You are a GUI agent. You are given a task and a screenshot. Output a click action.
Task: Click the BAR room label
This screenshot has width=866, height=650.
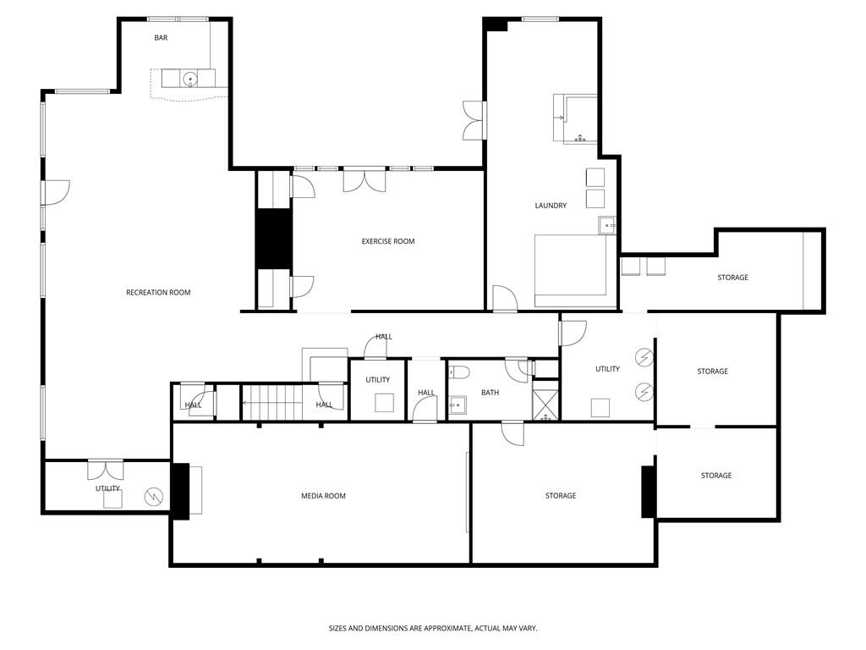click(161, 38)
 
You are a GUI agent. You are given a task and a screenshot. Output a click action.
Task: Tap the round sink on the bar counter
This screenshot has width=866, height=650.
click(191, 80)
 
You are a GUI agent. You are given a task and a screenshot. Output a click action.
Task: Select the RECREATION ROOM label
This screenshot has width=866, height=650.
click(158, 293)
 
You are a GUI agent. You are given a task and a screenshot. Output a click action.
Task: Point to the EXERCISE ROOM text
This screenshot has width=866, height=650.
click(388, 242)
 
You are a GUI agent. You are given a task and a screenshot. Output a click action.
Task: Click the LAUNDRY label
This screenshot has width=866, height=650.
click(551, 207)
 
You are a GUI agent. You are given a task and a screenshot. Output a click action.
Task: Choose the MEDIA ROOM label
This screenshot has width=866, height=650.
click(323, 496)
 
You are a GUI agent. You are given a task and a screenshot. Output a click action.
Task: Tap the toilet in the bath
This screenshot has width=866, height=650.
click(459, 372)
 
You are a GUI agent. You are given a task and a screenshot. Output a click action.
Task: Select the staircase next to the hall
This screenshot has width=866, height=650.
click(271, 402)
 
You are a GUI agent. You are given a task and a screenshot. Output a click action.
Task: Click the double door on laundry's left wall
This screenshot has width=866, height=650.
click(473, 120)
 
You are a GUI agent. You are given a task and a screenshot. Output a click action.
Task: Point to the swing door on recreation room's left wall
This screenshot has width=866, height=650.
click(55, 193)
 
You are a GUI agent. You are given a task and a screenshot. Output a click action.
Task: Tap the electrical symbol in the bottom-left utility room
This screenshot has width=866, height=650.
click(154, 497)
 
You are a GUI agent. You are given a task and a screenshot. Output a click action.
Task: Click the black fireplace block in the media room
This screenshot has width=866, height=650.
click(180, 490)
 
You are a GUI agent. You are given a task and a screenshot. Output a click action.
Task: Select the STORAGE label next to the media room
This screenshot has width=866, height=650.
click(560, 496)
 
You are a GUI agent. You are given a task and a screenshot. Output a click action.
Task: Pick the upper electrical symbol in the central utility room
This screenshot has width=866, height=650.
click(645, 359)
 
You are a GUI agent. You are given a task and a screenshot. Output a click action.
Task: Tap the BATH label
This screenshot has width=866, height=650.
click(490, 393)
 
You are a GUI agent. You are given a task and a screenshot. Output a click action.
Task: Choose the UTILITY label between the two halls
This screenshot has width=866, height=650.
click(378, 380)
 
